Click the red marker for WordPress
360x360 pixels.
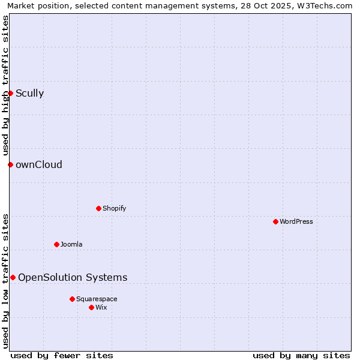pos(275,221)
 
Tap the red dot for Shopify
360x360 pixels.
pos(98,208)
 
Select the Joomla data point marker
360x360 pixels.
pos(56,244)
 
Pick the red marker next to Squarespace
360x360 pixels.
pos(72,299)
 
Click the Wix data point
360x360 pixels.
pos(91,307)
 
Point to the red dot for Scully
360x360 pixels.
pos(10,93)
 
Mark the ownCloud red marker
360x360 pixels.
pos(10,164)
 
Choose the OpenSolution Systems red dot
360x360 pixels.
pos(13,277)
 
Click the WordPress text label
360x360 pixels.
pos(296,221)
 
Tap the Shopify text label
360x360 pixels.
pos(115,208)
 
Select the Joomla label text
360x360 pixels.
pos(71,244)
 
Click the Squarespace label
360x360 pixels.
pos(97,299)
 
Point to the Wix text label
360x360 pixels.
pos(101,307)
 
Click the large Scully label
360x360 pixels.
pos(30,93)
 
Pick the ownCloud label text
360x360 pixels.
pos(39,164)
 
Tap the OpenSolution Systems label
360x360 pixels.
pos(73,277)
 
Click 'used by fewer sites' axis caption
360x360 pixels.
pos(62,355)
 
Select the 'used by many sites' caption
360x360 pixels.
pos(301,355)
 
